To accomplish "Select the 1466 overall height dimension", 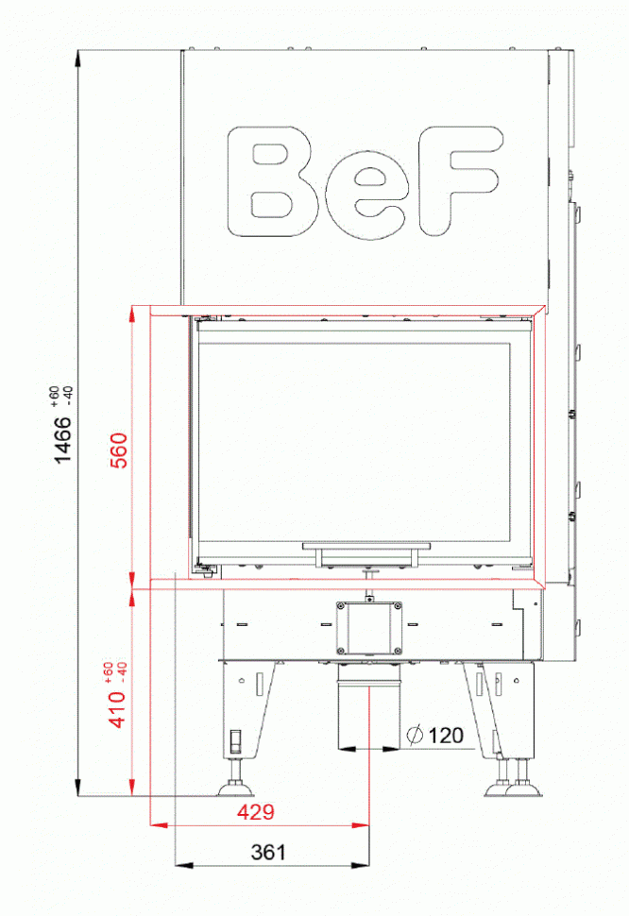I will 61,439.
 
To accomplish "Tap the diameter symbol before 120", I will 415,735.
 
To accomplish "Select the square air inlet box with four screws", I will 368,626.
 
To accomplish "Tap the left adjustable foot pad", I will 232,786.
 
